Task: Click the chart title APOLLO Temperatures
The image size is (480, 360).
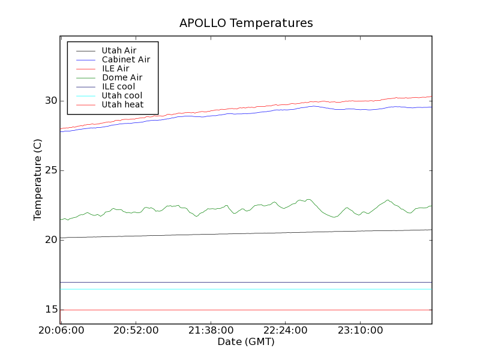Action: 246,23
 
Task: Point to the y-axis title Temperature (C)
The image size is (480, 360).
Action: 38,180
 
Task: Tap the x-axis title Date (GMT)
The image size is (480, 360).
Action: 246,342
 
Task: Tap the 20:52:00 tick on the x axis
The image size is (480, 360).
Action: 136,331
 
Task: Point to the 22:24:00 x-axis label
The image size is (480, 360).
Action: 284,331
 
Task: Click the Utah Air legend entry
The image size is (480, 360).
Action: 119,50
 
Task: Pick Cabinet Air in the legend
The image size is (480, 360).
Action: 126,59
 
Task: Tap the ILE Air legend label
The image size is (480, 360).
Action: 115,68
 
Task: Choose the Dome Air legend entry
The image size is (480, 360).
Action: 122,77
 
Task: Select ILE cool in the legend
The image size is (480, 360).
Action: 118,86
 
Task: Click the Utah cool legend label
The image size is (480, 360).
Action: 122,95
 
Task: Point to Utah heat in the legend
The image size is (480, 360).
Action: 122,104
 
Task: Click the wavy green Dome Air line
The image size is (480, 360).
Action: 240,208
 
